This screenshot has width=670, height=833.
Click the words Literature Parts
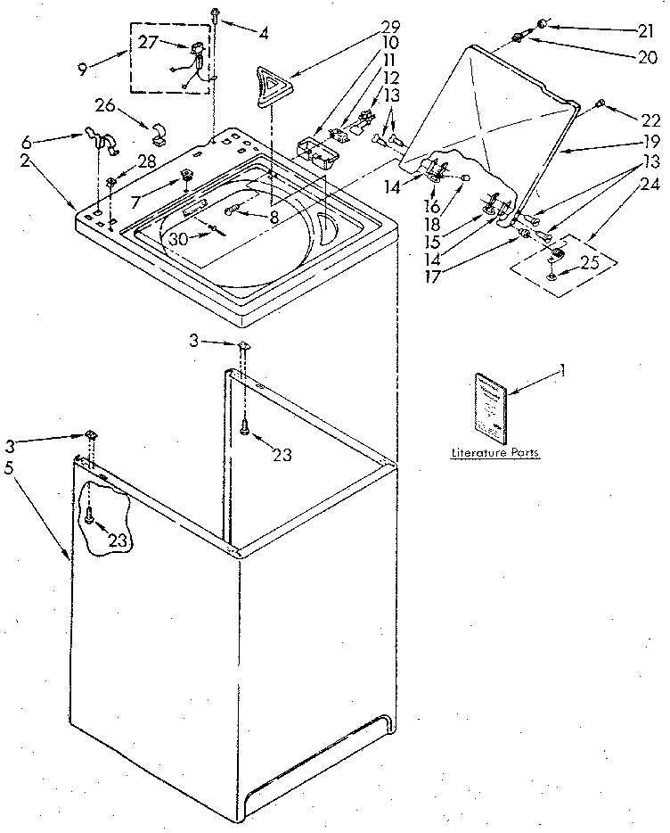pos(494,454)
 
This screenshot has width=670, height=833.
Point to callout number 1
pos(561,370)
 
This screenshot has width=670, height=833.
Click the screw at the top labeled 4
pos(217,12)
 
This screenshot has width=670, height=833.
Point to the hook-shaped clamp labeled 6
pos(101,141)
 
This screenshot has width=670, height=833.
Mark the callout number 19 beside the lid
pos(650,141)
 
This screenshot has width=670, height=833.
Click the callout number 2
pos(26,161)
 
